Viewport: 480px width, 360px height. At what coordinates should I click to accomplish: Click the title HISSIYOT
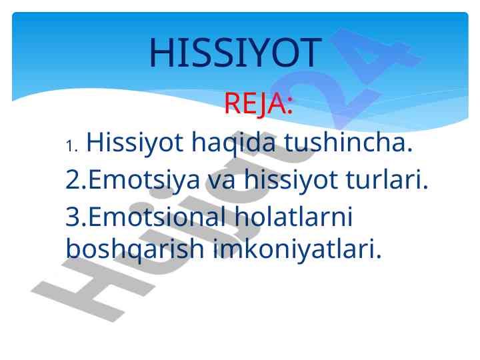[235, 53]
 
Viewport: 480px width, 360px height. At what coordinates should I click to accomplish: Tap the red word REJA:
[259, 104]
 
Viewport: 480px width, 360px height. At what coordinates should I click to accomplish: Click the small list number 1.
[72, 146]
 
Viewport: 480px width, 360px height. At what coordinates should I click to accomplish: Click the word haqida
[233, 143]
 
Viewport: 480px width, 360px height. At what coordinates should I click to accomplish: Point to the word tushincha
[349, 142]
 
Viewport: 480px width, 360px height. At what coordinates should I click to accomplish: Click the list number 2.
[76, 179]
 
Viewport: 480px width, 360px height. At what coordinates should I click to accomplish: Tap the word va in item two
[221, 181]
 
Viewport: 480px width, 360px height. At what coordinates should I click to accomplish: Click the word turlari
[387, 179]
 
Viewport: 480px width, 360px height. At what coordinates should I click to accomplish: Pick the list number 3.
[76, 217]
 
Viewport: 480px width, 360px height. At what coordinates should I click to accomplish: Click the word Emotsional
[157, 216]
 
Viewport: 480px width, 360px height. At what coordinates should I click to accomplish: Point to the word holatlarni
[293, 216]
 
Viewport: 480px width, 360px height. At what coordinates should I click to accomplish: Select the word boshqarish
[135, 250]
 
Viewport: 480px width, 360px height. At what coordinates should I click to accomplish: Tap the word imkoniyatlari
[297, 250]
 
